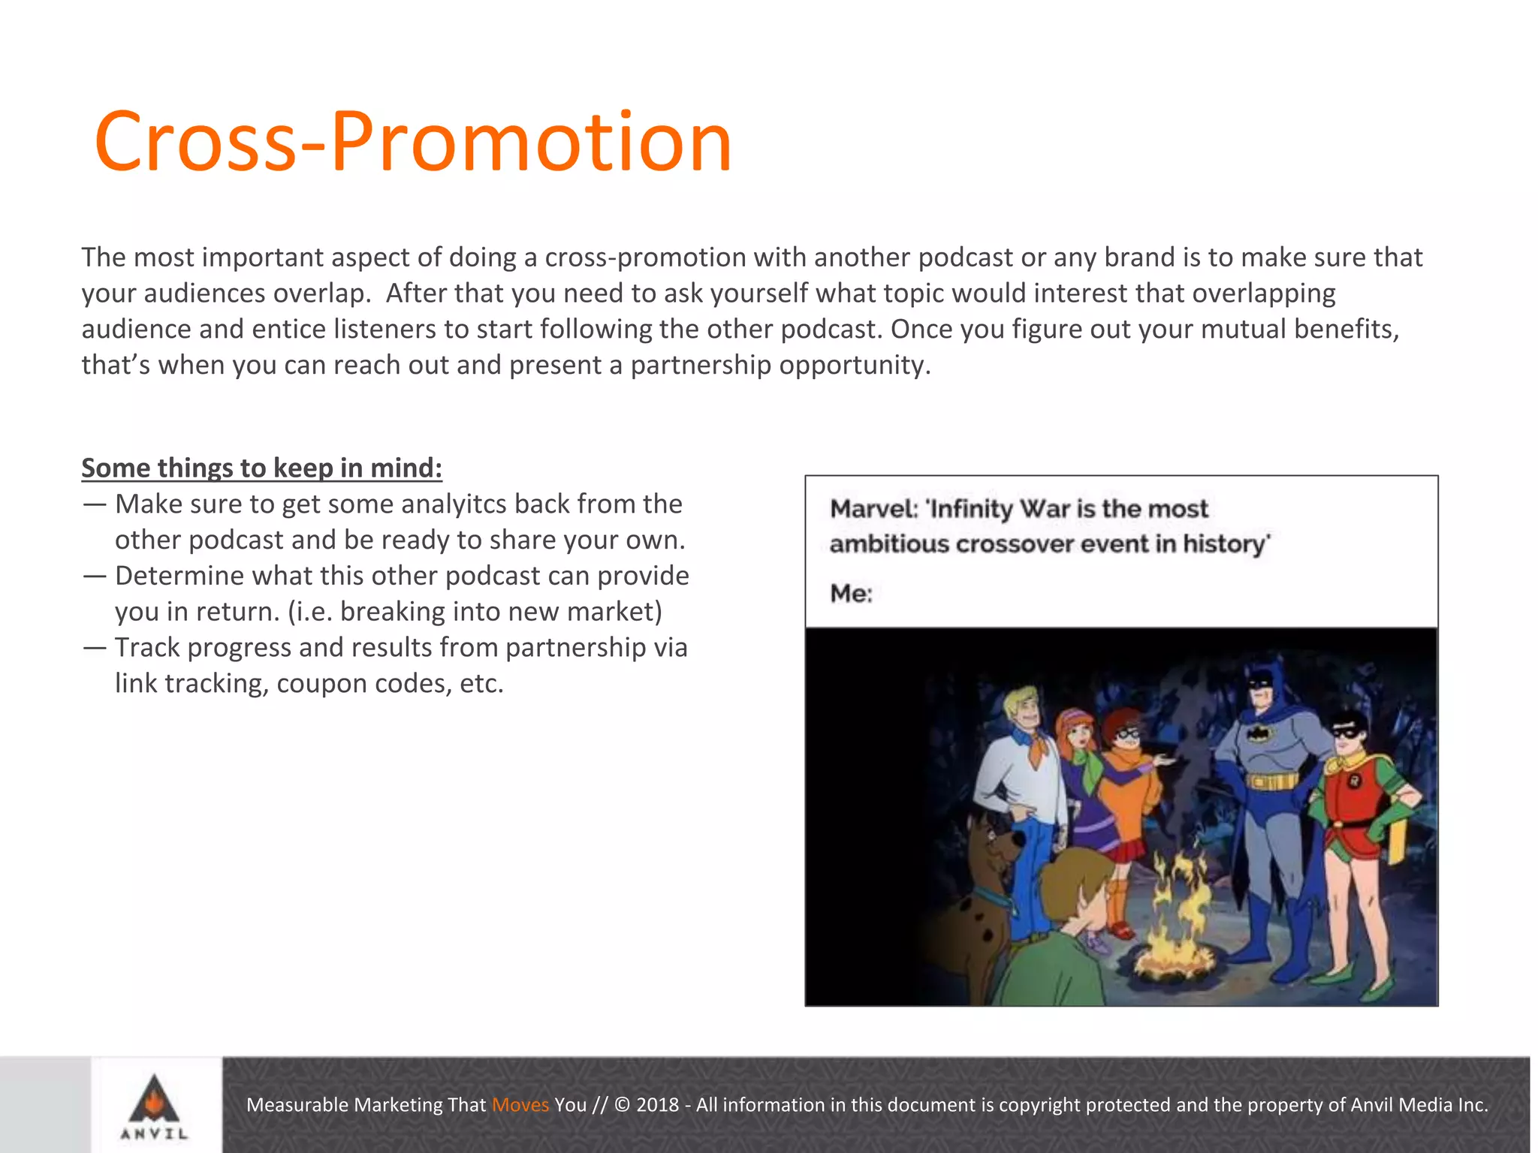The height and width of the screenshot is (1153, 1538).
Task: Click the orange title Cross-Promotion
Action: [x=413, y=142]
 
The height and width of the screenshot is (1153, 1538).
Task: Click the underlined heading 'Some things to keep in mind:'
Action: [x=261, y=468]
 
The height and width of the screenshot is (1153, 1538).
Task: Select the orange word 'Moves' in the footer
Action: [x=520, y=1104]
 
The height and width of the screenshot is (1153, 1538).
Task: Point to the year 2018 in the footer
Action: [x=657, y=1104]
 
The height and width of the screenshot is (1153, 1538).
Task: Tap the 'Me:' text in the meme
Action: [x=851, y=594]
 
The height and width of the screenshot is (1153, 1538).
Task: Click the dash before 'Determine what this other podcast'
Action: [x=95, y=576]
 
